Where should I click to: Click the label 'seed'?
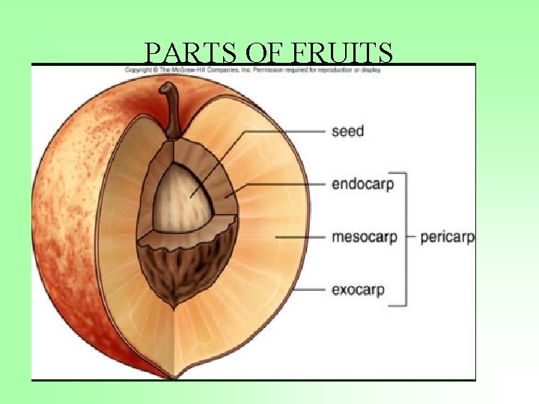point(347,132)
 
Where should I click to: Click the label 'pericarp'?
point(447,238)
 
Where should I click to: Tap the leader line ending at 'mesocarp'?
point(299,237)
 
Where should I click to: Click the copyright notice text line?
point(253,70)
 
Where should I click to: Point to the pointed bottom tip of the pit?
point(175,305)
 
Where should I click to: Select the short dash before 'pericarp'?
point(411,237)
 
